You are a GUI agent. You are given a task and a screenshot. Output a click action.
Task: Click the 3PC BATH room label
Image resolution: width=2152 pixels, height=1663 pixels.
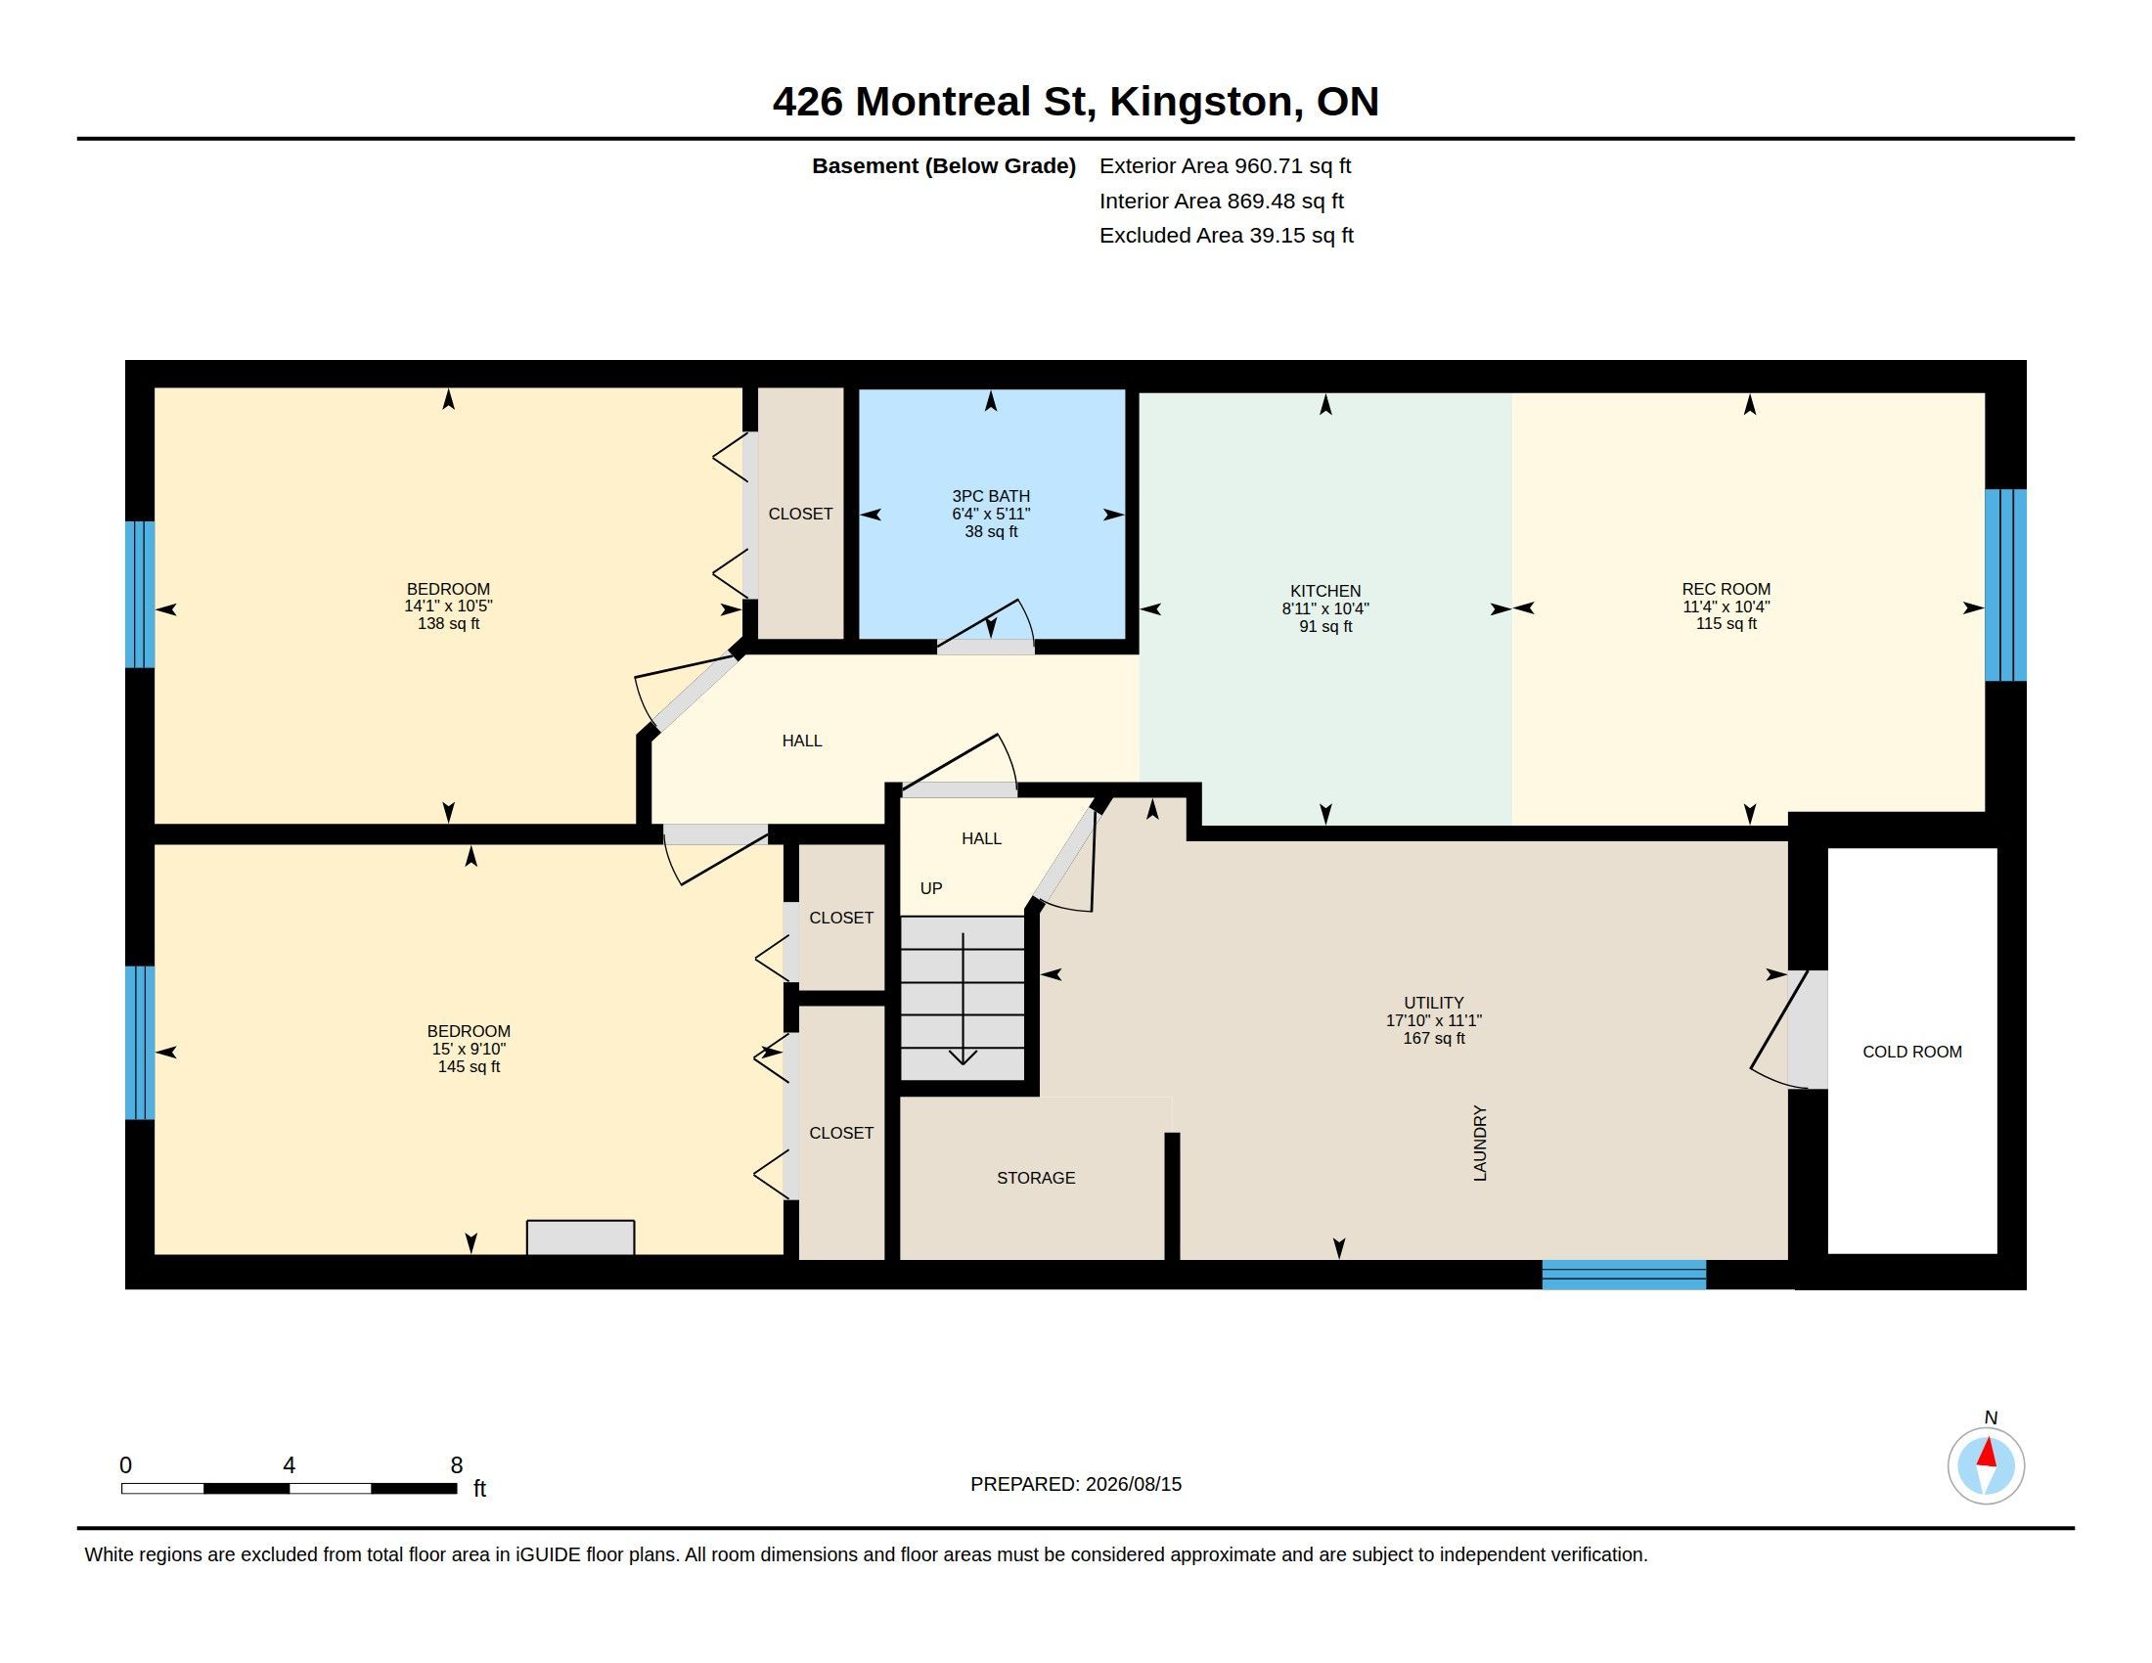click(x=990, y=497)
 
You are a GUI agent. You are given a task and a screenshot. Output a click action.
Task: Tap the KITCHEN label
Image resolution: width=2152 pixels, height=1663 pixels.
click(x=1325, y=591)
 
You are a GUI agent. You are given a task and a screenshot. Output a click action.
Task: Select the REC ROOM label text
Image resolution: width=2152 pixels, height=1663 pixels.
click(x=1726, y=589)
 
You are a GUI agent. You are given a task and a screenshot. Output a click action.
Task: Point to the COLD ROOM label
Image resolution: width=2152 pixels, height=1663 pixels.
click(x=1911, y=1053)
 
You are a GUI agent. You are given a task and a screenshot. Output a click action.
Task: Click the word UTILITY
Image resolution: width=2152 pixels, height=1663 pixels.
click(x=1434, y=1003)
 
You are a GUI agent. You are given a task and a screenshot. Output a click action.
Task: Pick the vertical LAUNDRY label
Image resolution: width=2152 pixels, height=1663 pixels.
click(x=1479, y=1143)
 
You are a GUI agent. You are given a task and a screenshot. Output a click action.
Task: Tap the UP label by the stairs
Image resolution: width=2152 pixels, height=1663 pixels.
click(x=931, y=888)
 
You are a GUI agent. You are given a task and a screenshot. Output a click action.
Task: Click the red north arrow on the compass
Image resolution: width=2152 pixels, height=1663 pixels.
click(x=1987, y=1453)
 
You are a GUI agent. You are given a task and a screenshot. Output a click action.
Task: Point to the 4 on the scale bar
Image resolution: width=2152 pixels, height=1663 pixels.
click(x=289, y=1465)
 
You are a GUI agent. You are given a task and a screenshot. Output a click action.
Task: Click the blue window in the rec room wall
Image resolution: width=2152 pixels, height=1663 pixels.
click(x=2005, y=585)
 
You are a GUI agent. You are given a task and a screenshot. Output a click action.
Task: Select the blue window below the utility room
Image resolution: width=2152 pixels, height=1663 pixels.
click(x=1624, y=1274)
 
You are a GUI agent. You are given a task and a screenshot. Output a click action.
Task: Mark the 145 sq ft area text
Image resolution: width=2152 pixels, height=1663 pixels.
click(x=469, y=1067)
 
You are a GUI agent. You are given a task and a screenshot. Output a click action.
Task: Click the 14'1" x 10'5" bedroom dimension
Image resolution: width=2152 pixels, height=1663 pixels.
click(x=448, y=607)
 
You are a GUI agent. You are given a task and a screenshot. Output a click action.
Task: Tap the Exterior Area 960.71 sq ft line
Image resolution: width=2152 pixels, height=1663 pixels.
click(x=1225, y=166)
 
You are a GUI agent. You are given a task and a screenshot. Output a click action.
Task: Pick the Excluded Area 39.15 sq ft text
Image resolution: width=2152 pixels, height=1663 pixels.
click(x=1226, y=236)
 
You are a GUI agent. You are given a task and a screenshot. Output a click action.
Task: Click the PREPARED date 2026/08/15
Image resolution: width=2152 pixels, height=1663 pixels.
click(x=1133, y=1484)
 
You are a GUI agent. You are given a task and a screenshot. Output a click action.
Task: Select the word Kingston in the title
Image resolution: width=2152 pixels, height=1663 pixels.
click(x=1206, y=103)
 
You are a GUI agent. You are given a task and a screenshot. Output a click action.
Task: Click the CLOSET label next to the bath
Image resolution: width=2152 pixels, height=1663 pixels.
click(x=800, y=515)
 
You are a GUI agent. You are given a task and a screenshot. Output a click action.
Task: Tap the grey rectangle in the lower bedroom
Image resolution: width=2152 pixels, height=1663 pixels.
click(x=580, y=1237)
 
